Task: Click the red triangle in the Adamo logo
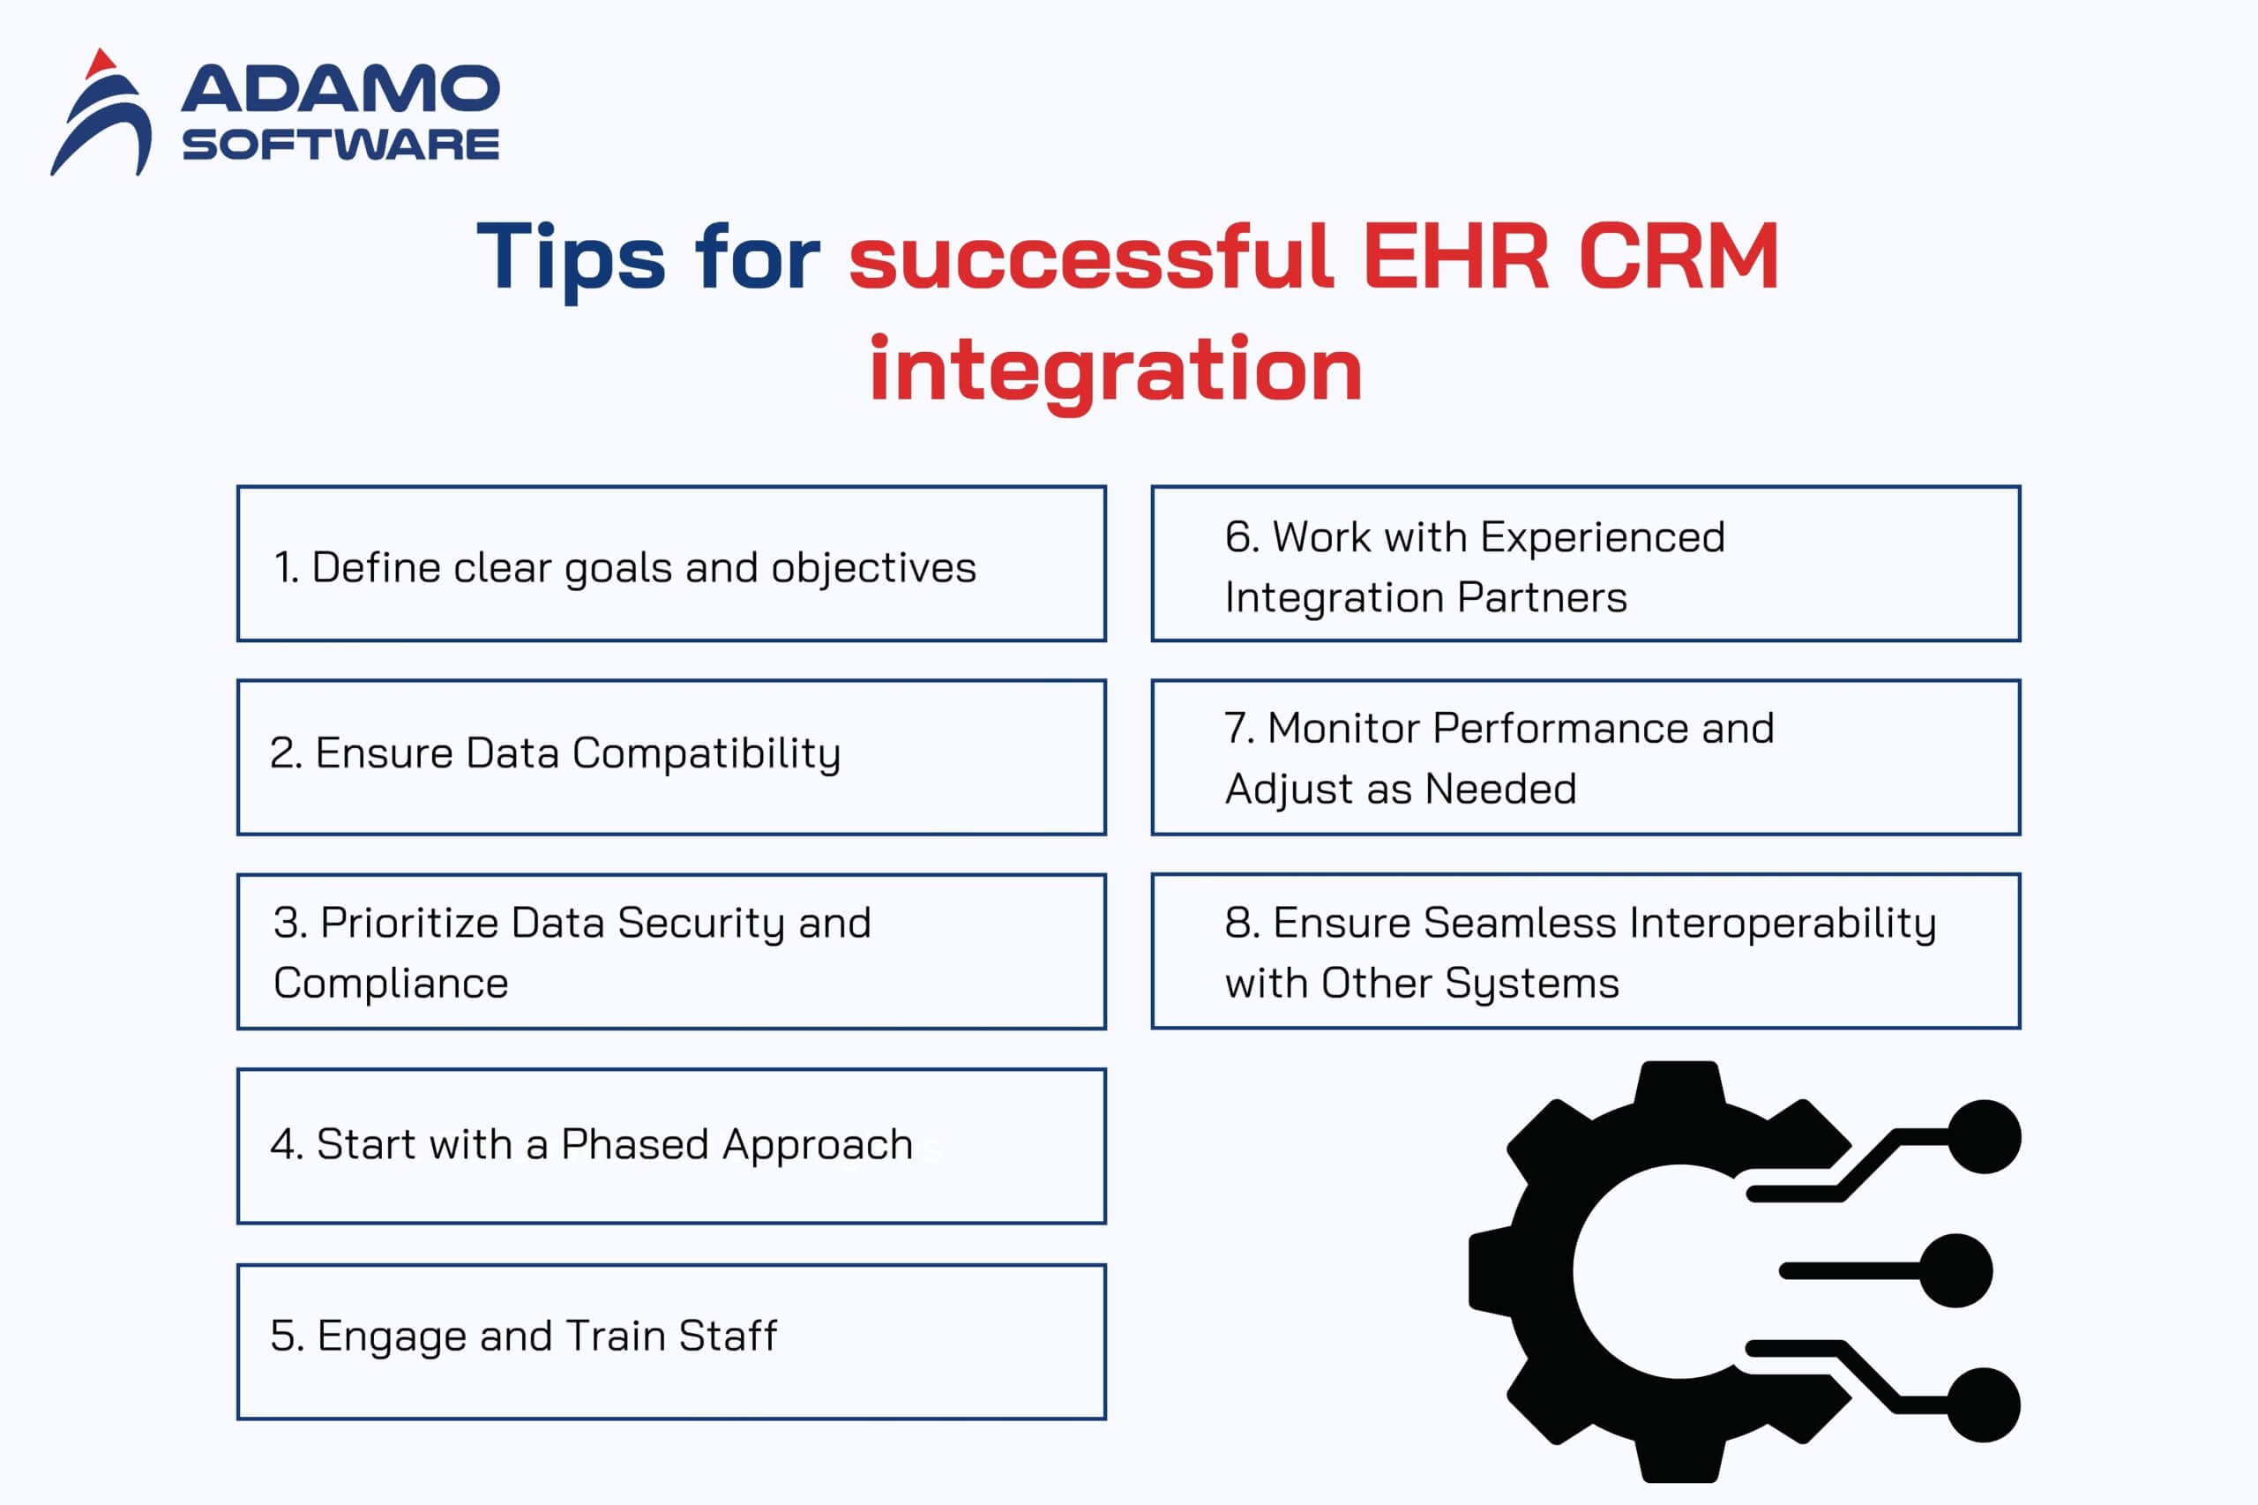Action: point(100,64)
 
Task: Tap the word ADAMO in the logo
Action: point(340,88)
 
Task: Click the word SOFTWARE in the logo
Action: point(340,144)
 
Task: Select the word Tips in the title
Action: point(571,258)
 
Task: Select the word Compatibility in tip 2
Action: point(707,754)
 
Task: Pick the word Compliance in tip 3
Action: point(392,984)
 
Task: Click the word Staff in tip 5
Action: point(729,1335)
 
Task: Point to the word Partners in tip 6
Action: point(1542,597)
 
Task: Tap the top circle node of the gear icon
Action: point(1985,1136)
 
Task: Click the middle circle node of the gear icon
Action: point(1955,1271)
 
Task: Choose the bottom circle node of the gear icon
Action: point(1984,1405)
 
